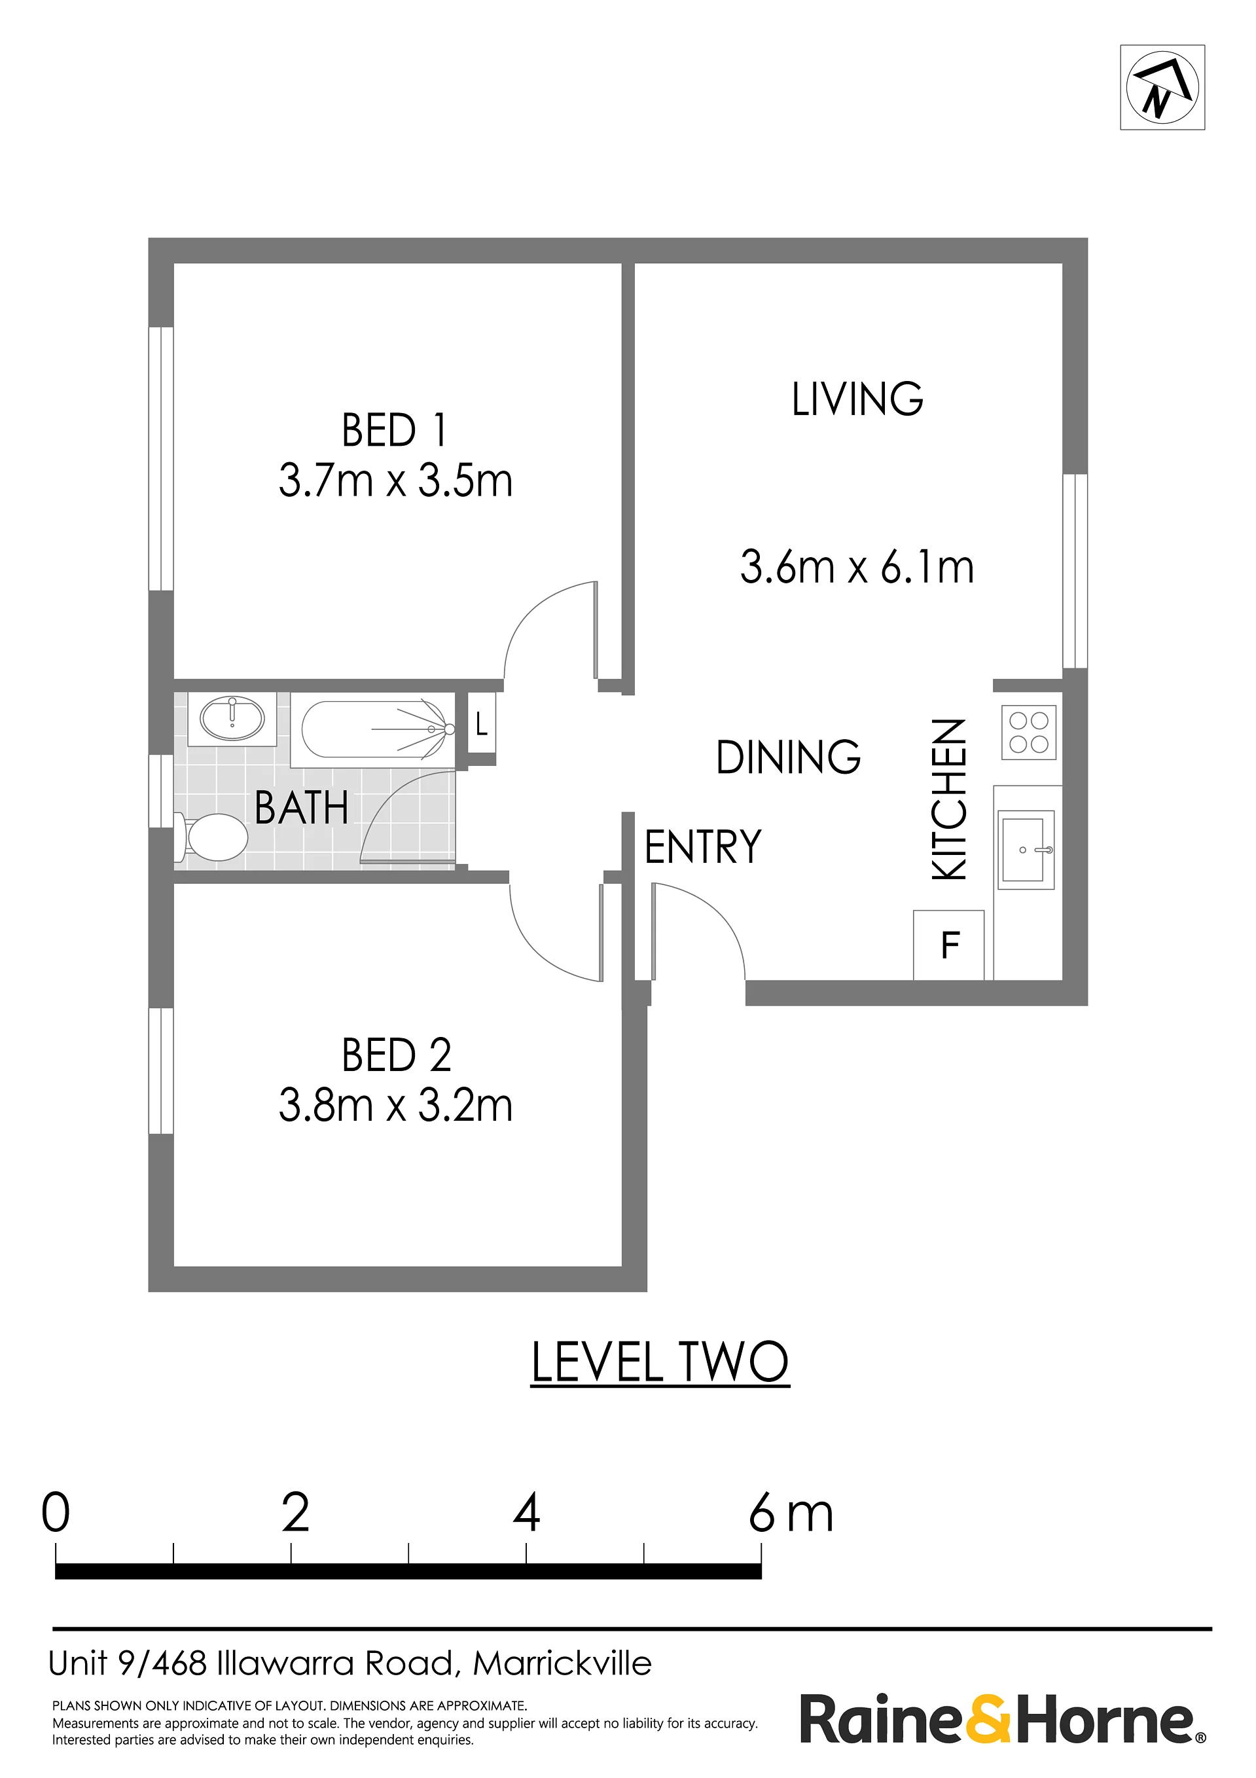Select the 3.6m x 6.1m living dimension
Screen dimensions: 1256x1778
pos(857,567)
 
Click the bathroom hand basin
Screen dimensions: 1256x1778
pos(232,719)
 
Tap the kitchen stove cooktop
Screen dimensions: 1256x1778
pos(1028,732)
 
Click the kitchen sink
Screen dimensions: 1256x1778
pos(1026,850)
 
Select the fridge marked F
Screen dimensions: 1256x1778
pos(948,945)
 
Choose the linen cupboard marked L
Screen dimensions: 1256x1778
pos(481,724)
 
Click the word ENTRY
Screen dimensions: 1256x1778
pos(703,846)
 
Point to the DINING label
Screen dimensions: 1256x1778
pos(788,757)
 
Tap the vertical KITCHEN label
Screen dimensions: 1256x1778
pos(949,799)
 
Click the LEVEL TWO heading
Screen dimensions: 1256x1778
pos(660,1362)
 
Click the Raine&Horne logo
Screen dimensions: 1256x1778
pos(1003,1718)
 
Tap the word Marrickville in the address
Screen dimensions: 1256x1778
pos(562,1663)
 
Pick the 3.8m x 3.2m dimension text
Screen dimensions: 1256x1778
pos(395,1105)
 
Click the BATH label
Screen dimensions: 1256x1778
pos(301,808)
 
